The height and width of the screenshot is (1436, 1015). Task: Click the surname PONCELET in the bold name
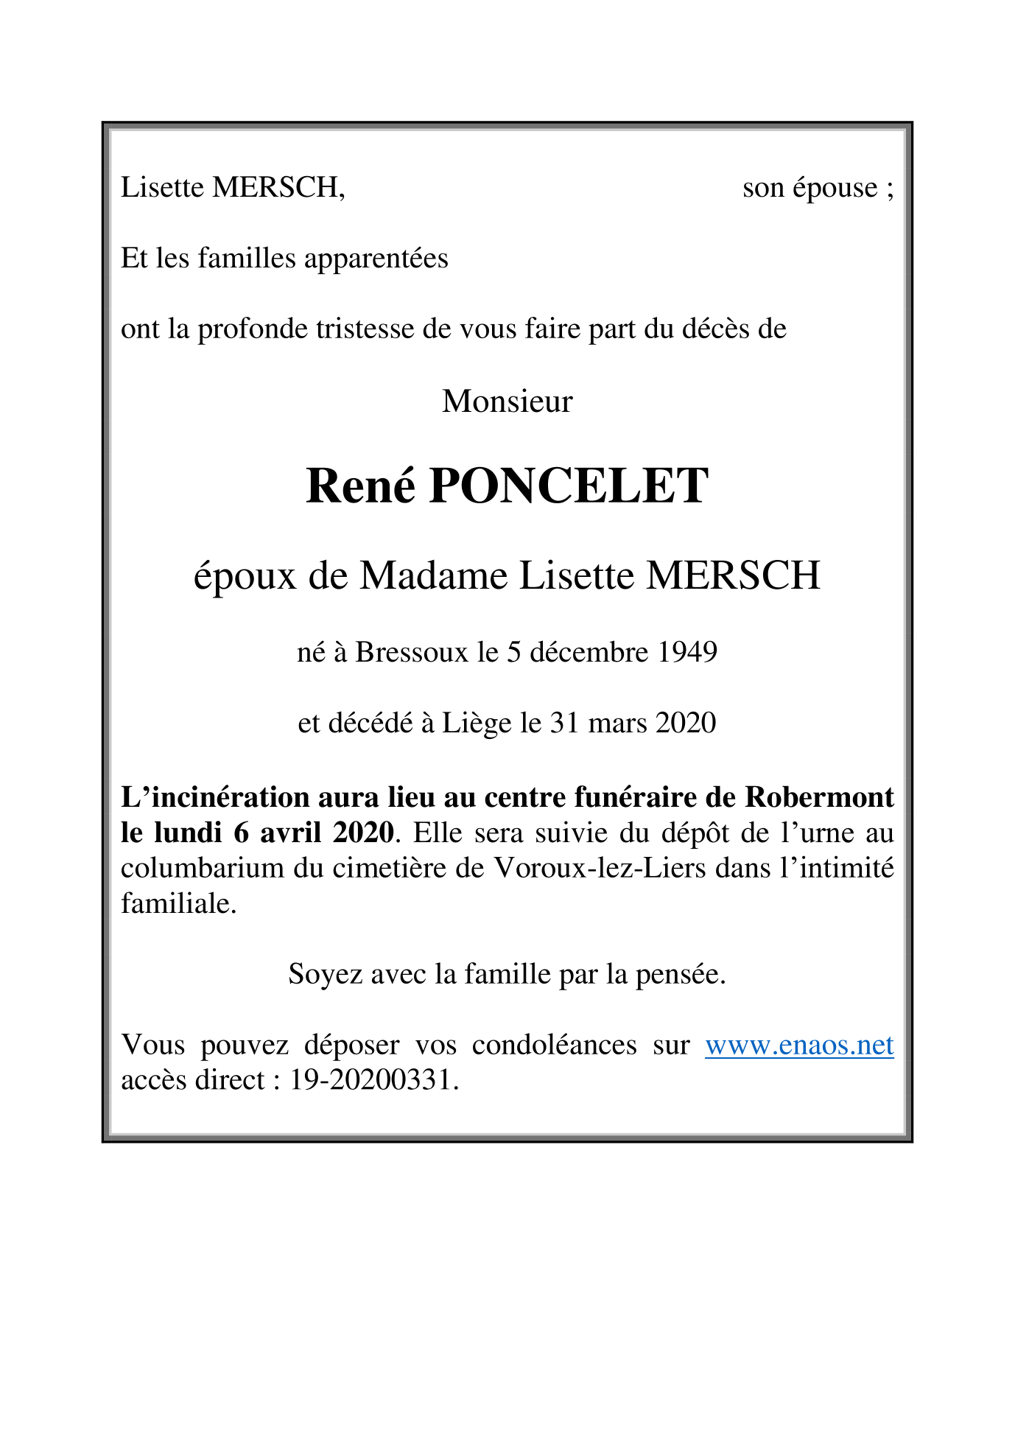[x=568, y=486]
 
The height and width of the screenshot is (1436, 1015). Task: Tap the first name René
[x=360, y=486]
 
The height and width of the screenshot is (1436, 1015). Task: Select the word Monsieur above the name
[x=507, y=402]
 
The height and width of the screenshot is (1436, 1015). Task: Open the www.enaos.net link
[x=799, y=1045]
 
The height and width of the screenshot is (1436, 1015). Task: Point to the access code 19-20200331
[x=370, y=1080]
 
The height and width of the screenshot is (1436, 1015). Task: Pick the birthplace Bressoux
[x=411, y=652]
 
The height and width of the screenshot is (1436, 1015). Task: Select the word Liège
[x=476, y=724]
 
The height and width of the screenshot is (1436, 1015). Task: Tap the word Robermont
[x=819, y=797]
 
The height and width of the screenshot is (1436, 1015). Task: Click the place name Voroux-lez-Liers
[x=600, y=868]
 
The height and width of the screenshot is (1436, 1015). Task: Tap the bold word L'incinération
[x=215, y=797]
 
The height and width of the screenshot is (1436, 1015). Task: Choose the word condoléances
[x=554, y=1045]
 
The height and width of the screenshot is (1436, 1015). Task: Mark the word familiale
[x=178, y=903]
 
